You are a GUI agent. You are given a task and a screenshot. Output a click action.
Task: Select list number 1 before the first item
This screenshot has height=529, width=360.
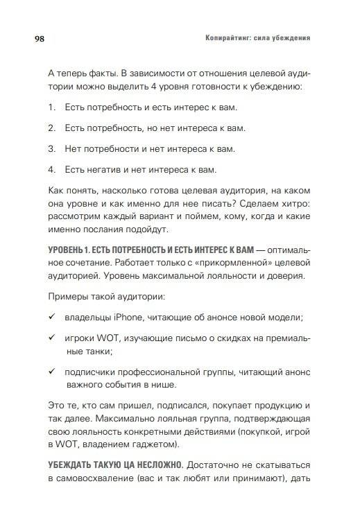tap(51, 108)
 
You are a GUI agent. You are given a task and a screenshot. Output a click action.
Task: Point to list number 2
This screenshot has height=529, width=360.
tap(51, 129)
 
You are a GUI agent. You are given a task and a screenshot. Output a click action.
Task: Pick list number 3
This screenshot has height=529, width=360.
tap(51, 149)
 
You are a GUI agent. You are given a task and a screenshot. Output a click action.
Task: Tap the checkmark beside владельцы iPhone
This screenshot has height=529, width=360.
tap(52, 317)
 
